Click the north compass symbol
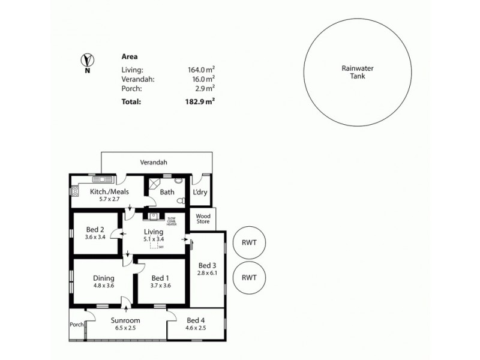tap(88, 60)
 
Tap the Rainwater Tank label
tap(358, 73)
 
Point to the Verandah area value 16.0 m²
tap(203, 79)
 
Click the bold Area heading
tap(129, 57)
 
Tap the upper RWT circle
tap(249, 243)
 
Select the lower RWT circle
tap(249, 277)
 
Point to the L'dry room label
tap(200, 192)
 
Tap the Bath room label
tap(167, 192)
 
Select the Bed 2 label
tap(95, 230)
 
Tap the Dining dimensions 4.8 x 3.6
tap(103, 286)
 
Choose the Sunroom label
tap(125, 321)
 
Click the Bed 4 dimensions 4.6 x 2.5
tap(196, 328)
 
